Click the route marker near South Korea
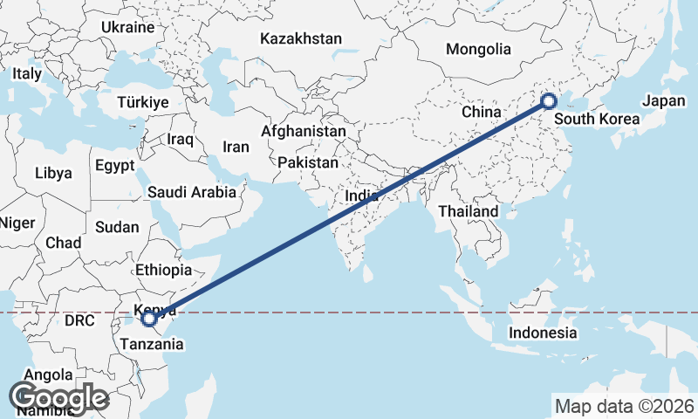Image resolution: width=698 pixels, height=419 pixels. pyautogui.click(x=549, y=100)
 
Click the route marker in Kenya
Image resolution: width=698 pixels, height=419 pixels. pyautogui.click(x=149, y=319)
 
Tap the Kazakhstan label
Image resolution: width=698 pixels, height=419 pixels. pyautogui.click(x=301, y=38)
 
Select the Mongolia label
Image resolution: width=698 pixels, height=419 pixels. pyautogui.click(x=478, y=49)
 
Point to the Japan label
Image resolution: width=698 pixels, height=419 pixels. pyautogui.click(x=664, y=100)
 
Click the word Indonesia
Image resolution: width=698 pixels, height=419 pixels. pyautogui.click(x=543, y=333)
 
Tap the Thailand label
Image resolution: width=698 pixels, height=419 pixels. pyautogui.click(x=469, y=211)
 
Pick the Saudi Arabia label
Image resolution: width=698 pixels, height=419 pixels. pyautogui.click(x=192, y=192)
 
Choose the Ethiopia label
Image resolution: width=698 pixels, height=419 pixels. pyautogui.click(x=164, y=271)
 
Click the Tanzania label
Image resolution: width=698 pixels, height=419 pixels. pyautogui.click(x=154, y=344)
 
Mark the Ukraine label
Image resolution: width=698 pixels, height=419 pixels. pyautogui.click(x=127, y=27)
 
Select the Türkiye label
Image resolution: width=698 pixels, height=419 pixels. pyautogui.click(x=143, y=103)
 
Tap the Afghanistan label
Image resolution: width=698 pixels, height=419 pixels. pyautogui.click(x=304, y=131)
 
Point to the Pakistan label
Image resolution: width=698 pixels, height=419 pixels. pyautogui.click(x=309, y=162)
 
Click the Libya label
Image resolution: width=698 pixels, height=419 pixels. pyautogui.click(x=54, y=173)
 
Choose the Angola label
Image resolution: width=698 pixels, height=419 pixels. pyautogui.click(x=48, y=374)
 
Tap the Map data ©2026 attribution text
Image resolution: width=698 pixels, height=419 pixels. pyautogui.click(x=624, y=406)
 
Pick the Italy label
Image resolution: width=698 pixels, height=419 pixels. pyautogui.click(x=26, y=74)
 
